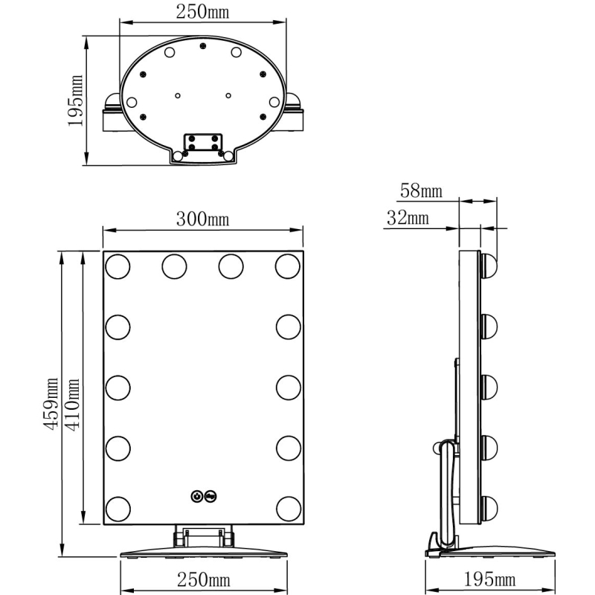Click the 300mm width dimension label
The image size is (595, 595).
click(202, 219)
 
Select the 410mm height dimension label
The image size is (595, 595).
click(72, 405)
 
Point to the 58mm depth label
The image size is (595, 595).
click(421, 191)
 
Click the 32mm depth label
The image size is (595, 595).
click(408, 218)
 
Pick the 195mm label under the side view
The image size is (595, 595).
click(489, 579)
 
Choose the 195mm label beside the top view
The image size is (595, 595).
click(75, 100)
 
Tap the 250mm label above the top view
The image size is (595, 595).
click(202, 12)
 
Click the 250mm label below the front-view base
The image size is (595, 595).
click(203, 580)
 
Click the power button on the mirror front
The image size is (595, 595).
click(196, 496)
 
